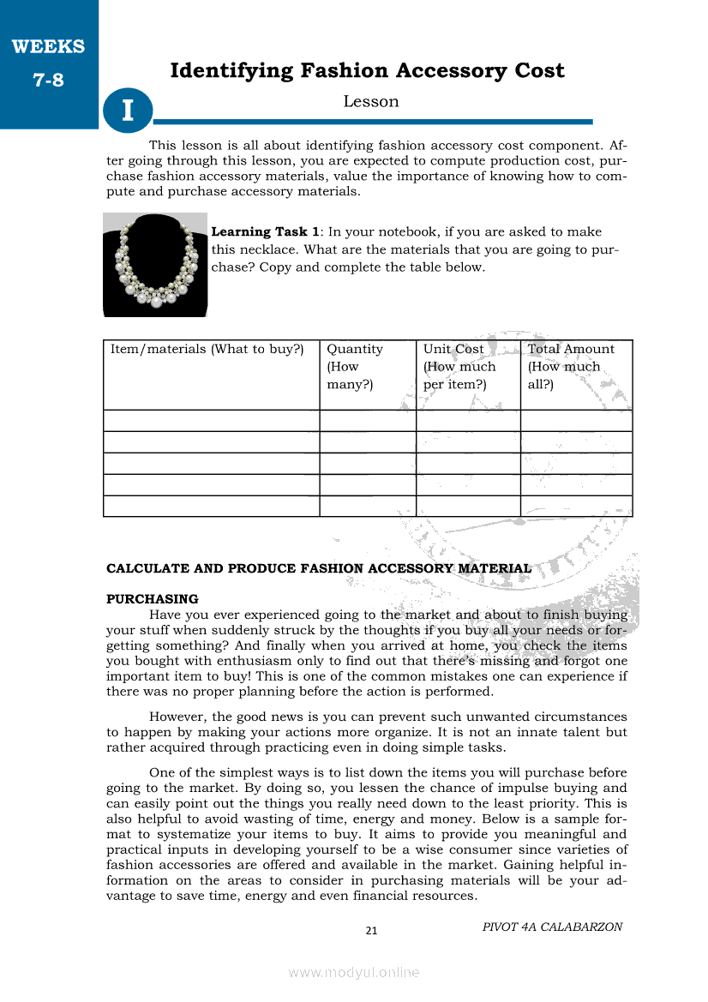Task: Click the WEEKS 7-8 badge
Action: (x=48, y=64)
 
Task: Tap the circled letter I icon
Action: (x=128, y=111)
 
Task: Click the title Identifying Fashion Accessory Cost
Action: (x=367, y=70)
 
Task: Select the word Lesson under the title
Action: (x=370, y=101)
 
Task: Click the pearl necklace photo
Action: (x=155, y=264)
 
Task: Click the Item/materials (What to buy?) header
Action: (x=207, y=349)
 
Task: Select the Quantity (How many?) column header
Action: (x=355, y=366)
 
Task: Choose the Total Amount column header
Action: (x=571, y=349)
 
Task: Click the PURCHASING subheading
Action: (x=152, y=599)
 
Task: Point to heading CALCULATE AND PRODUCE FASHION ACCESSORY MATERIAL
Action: (x=318, y=568)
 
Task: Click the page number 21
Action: (x=371, y=931)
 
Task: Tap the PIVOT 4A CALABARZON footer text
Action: (x=552, y=927)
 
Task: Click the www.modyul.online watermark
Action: (x=354, y=972)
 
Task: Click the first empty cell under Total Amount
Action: (x=576, y=421)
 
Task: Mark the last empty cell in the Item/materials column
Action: (x=211, y=507)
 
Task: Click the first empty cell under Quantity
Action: (x=368, y=421)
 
